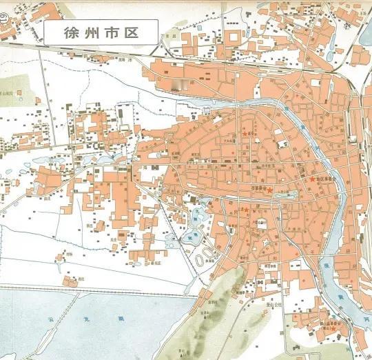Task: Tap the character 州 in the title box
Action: coord(87,32)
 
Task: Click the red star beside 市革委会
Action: coord(270,190)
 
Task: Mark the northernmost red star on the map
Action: coord(245,133)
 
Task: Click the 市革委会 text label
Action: coord(256,188)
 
